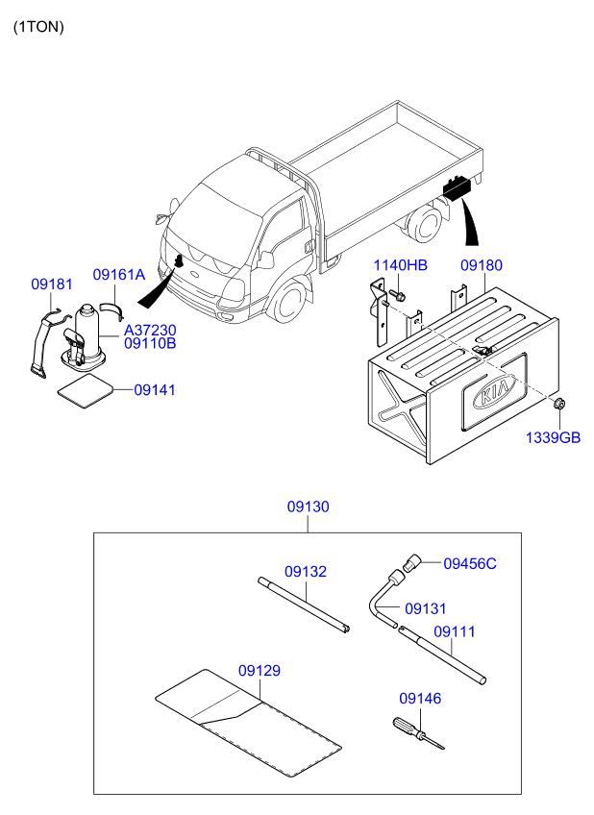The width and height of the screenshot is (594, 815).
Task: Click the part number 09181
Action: coord(52,284)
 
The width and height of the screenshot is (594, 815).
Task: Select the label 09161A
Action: coord(118,275)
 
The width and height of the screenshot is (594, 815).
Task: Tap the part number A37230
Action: coord(150,330)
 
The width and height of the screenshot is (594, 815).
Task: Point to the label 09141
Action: coord(155,390)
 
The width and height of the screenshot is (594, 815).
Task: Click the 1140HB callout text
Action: coord(400,265)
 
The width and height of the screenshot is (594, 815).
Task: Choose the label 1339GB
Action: coord(553,437)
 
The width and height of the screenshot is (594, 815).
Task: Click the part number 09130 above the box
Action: coord(309,506)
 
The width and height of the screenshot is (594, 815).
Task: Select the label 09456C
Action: coord(470,563)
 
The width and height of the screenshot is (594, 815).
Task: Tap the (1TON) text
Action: coord(38,27)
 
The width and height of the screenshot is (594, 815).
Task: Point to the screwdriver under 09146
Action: coord(418,733)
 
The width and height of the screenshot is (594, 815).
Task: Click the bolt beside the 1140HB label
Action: coord(399,296)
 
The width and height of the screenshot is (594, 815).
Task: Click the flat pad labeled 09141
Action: coord(85,391)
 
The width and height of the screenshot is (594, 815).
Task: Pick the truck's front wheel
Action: coord(288,301)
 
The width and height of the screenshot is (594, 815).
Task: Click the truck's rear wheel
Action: coord(425,225)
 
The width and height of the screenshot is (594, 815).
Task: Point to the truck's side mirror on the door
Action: coord(265,259)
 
